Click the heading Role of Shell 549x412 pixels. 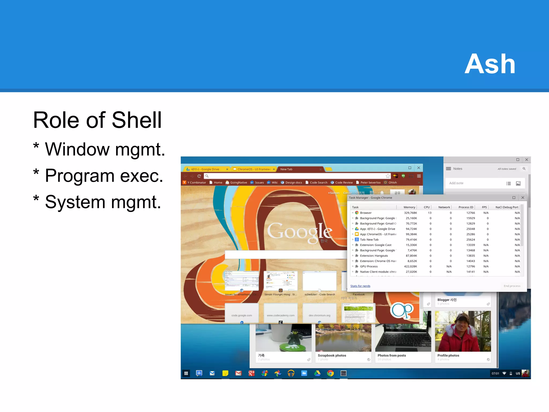pyautogui.click(x=97, y=120)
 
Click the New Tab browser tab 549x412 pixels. pyautogui.click(x=286, y=169)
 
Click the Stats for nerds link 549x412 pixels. pyautogui.click(x=360, y=286)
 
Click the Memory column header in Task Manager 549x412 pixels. pyautogui.click(x=409, y=207)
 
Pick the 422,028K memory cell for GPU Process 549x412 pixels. pyautogui.click(x=410, y=266)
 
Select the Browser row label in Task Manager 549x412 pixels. pyautogui.click(x=366, y=213)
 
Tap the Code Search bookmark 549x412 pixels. pyautogui.click(x=318, y=183)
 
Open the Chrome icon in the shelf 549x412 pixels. pyautogui.click(x=330, y=373)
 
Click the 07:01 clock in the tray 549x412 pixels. pyautogui.click(x=495, y=373)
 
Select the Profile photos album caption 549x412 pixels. pyautogui.click(x=448, y=355)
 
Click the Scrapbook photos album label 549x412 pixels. pyautogui.click(x=332, y=355)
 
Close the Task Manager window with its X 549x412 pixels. pyautogui.click(x=522, y=198)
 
